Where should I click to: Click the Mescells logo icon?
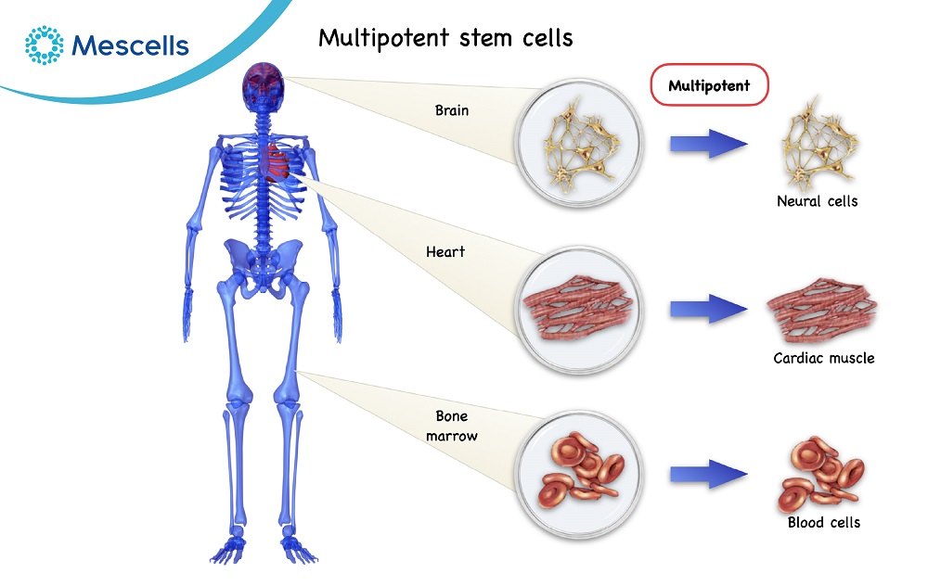point(43,45)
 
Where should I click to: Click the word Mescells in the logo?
point(130,45)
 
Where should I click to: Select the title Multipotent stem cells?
point(445,38)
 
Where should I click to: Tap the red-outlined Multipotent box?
point(710,86)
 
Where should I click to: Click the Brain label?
point(452,110)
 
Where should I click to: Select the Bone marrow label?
point(452,426)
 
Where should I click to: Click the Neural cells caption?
point(817,200)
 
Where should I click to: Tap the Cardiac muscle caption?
point(823,358)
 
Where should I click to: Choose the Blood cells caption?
point(823,522)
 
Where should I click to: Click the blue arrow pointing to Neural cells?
point(709,144)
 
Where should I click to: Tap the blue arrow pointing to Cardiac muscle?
point(709,308)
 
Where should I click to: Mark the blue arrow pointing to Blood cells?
point(709,473)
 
